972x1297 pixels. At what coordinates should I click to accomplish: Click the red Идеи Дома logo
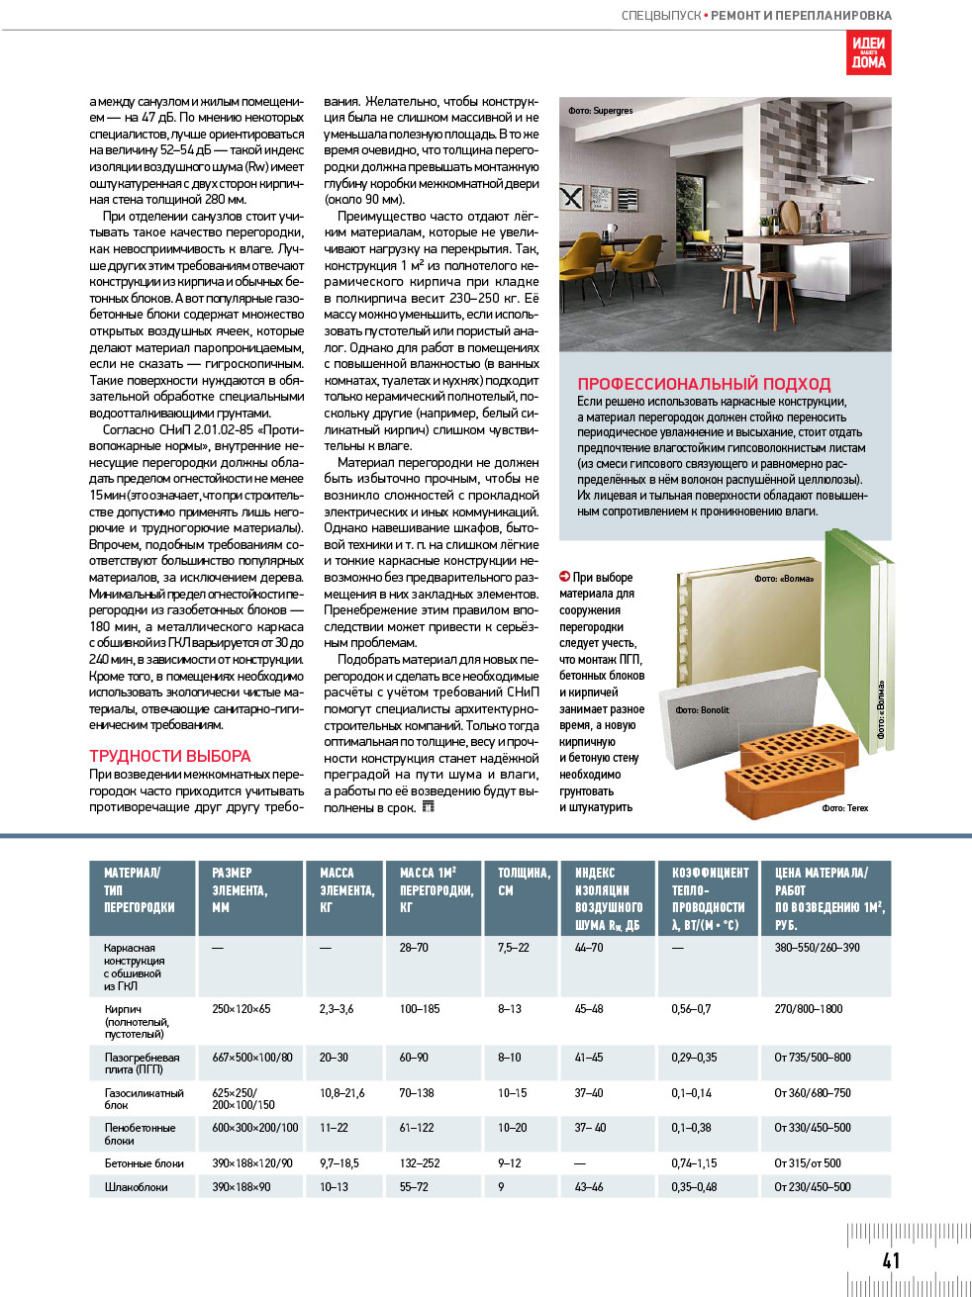click(868, 52)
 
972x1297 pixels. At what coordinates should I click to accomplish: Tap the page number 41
click(891, 1259)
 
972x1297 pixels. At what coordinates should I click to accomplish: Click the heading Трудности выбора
click(170, 756)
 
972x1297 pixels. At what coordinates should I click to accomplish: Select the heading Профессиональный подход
click(704, 384)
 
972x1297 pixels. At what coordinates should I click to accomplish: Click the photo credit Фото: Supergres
click(601, 111)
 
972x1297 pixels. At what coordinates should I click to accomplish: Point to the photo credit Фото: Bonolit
click(702, 710)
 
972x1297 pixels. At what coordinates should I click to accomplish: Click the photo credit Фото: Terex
click(844, 808)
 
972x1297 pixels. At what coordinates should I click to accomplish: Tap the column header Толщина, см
click(524, 881)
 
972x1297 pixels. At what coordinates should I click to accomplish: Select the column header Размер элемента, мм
click(240, 889)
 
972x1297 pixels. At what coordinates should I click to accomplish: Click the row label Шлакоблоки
click(137, 1187)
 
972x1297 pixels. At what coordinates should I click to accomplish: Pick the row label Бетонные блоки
click(145, 1163)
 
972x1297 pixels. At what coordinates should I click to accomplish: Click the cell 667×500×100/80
click(252, 1058)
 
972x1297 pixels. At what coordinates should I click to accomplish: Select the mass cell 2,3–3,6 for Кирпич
click(337, 1009)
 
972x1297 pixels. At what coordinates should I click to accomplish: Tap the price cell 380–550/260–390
click(817, 948)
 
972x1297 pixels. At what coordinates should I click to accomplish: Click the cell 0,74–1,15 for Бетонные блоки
click(694, 1163)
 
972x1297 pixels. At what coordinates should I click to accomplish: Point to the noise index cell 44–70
click(589, 948)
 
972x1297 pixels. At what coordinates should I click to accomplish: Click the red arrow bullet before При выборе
click(564, 577)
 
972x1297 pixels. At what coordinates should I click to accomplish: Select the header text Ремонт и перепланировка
click(801, 16)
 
